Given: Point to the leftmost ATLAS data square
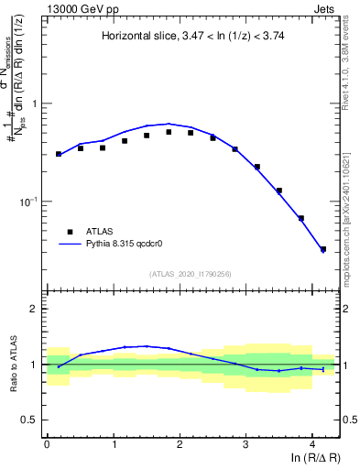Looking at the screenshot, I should click(59, 154).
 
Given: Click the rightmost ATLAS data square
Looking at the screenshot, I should click(323, 248).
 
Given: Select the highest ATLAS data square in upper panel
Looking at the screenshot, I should click(169, 132).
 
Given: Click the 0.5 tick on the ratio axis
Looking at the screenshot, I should click(30, 420).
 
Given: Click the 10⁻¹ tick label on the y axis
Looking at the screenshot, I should click(27, 201).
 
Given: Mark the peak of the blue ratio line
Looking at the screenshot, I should click(147, 345).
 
